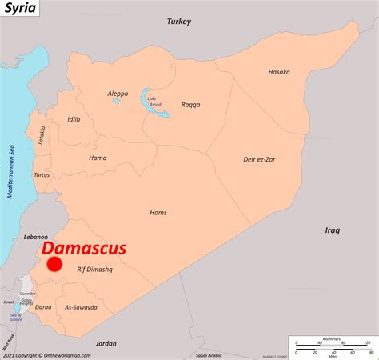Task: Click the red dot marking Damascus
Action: point(54,265)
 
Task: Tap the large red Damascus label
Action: point(84,249)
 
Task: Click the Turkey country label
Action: point(179,22)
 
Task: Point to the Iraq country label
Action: point(333,230)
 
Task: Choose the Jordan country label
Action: point(106,343)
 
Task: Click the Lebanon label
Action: point(36,237)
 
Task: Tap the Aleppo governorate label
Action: point(118,94)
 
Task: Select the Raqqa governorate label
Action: point(190,104)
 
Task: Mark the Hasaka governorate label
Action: point(278,72)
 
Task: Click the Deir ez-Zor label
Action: point(260,159)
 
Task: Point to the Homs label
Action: point(158,212)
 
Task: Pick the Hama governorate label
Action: point(98,158)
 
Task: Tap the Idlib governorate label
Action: point(74,120)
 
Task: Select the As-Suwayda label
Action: point(81,307)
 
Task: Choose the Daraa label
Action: point(43,306)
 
